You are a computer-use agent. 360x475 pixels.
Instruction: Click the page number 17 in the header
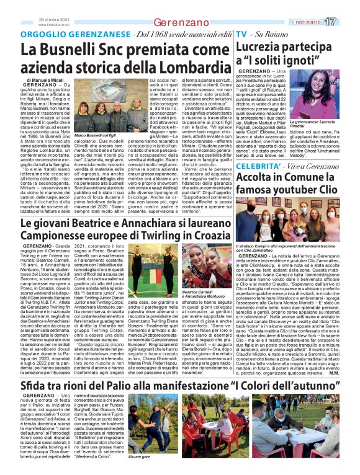[346, 22]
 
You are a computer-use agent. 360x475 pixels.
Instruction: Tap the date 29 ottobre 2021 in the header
[52, 19]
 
